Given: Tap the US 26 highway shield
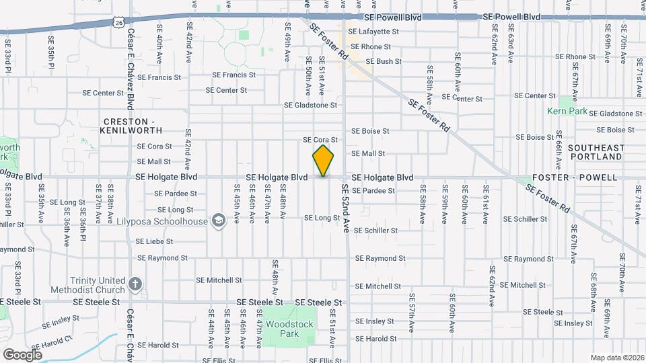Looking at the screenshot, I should coord(118,23).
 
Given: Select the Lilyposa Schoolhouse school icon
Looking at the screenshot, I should coord(218,220).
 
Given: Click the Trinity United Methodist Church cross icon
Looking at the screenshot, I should coord(135,284).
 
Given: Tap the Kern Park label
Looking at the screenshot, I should coord(567,111).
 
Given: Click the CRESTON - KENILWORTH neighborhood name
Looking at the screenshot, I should coord(131,124).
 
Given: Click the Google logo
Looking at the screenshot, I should coord(22,354).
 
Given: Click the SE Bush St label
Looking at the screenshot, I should coord(384,61).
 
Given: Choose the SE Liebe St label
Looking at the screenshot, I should coord(155,241).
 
